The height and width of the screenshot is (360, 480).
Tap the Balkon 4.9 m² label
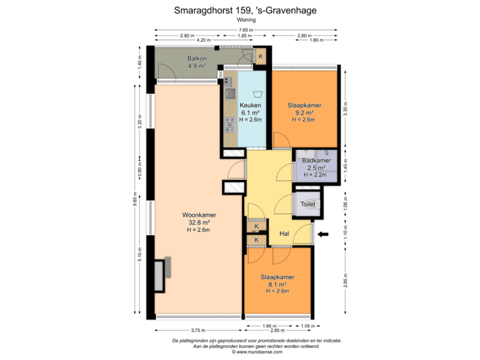coord(196,62)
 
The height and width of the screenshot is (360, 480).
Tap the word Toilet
coord(308,204)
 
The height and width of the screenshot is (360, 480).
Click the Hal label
coord(284,234)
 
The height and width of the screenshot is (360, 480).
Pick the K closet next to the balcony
coord(260,57)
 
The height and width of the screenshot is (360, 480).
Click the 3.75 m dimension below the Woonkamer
coord(198,329)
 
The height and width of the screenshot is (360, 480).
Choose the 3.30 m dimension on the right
coord(345,107)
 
